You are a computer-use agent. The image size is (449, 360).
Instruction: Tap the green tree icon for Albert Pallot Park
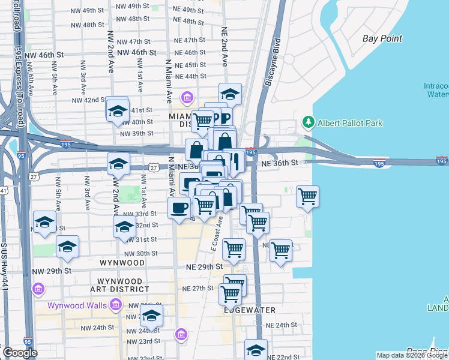click(x=309, y=122)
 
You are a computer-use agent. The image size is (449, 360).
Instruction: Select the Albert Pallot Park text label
click(x=350, y=123)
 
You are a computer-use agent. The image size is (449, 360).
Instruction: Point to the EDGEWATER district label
click(x=250, y=310)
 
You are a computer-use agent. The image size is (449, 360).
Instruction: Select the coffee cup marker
click(x=179, y=208)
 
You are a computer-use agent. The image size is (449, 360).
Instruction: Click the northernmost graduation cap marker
click(x=229, y=94)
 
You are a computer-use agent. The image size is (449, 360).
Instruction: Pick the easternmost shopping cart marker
click(x=307, y=196)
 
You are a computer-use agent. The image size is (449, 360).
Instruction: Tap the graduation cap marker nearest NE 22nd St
click(x=256, y=350)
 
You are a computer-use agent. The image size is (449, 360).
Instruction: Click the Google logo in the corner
click(x=20, y=353)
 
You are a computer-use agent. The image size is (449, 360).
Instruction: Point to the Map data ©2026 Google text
click(x=411, y=355)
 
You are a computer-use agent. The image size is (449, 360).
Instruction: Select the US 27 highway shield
click(x=155, y=167)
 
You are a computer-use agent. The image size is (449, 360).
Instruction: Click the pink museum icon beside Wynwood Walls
click(x=115, y=305)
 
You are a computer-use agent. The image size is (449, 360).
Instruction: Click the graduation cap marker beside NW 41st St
click(x=118, y=110)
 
